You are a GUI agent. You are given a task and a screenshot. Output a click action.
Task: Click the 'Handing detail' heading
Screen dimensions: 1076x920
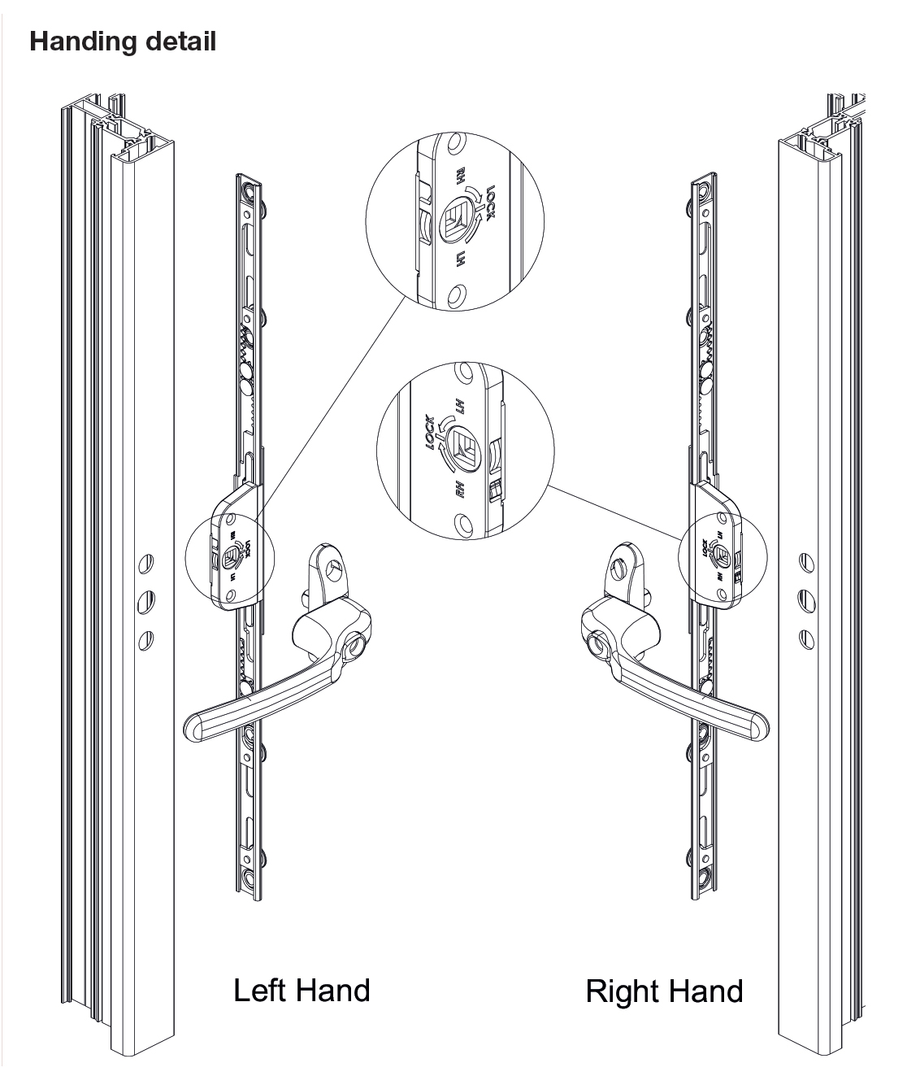(x=123, y=41)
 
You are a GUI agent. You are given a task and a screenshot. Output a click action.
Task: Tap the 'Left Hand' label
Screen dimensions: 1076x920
(x=302, y=990)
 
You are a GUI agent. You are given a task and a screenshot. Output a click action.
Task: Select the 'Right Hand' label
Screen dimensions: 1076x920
(x=664, y=991)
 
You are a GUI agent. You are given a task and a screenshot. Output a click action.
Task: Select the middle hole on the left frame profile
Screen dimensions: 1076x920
(x=145, y=601)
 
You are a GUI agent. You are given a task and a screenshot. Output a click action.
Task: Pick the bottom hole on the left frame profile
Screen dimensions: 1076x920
(x=145, y=638)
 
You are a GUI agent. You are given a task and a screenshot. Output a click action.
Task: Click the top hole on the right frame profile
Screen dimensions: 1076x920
(x=805, y=560)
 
